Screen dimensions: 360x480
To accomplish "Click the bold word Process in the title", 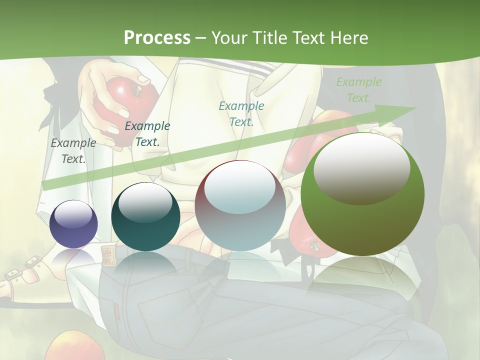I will pos(157,38).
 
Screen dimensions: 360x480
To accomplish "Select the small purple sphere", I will pos(73,224).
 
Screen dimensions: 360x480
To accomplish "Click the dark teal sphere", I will pos(145,216).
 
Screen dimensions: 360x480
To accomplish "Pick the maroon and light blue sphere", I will pos(240,205).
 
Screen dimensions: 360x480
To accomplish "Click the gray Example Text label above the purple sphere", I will pos(73,151).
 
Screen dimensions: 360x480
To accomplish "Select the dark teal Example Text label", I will pos(147,134).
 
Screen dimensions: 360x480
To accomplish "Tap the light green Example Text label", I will pos(359,90).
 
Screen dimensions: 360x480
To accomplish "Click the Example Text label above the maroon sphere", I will pos(241,113).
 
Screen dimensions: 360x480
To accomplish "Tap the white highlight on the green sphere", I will pos(362,169).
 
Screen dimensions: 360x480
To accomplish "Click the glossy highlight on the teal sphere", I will pos(145,203).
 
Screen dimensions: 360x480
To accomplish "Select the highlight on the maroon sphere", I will pos(240,187).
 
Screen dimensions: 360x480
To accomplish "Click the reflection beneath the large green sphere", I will pos(362,280).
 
